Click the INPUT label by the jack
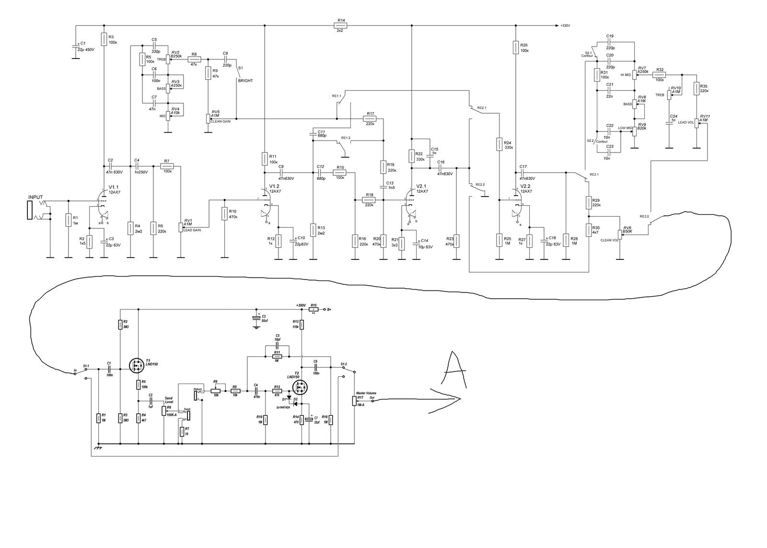point(35,197)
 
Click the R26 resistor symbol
point(515,47)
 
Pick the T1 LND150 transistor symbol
point(138,366)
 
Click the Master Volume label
point(366,393)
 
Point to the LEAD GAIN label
point(192,230)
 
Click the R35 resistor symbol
point(696,89)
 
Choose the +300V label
point(301,305)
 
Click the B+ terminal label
point(329,309)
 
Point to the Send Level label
point(168,400)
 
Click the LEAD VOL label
point(686,122)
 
